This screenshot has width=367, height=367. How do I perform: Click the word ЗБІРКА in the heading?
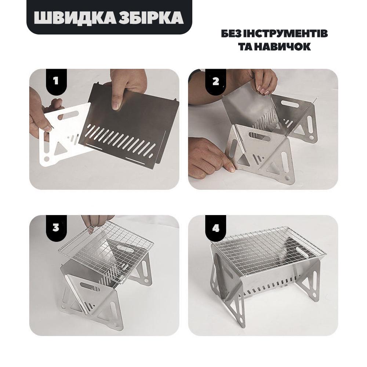151,18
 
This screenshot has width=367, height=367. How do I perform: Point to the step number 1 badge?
56,81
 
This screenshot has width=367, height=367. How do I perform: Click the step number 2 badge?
215,81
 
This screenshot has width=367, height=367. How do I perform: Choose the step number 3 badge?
56,227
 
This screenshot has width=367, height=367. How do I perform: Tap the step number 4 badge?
215,227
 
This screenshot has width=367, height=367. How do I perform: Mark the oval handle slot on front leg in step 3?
90,287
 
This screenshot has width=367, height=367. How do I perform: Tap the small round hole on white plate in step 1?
47,159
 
